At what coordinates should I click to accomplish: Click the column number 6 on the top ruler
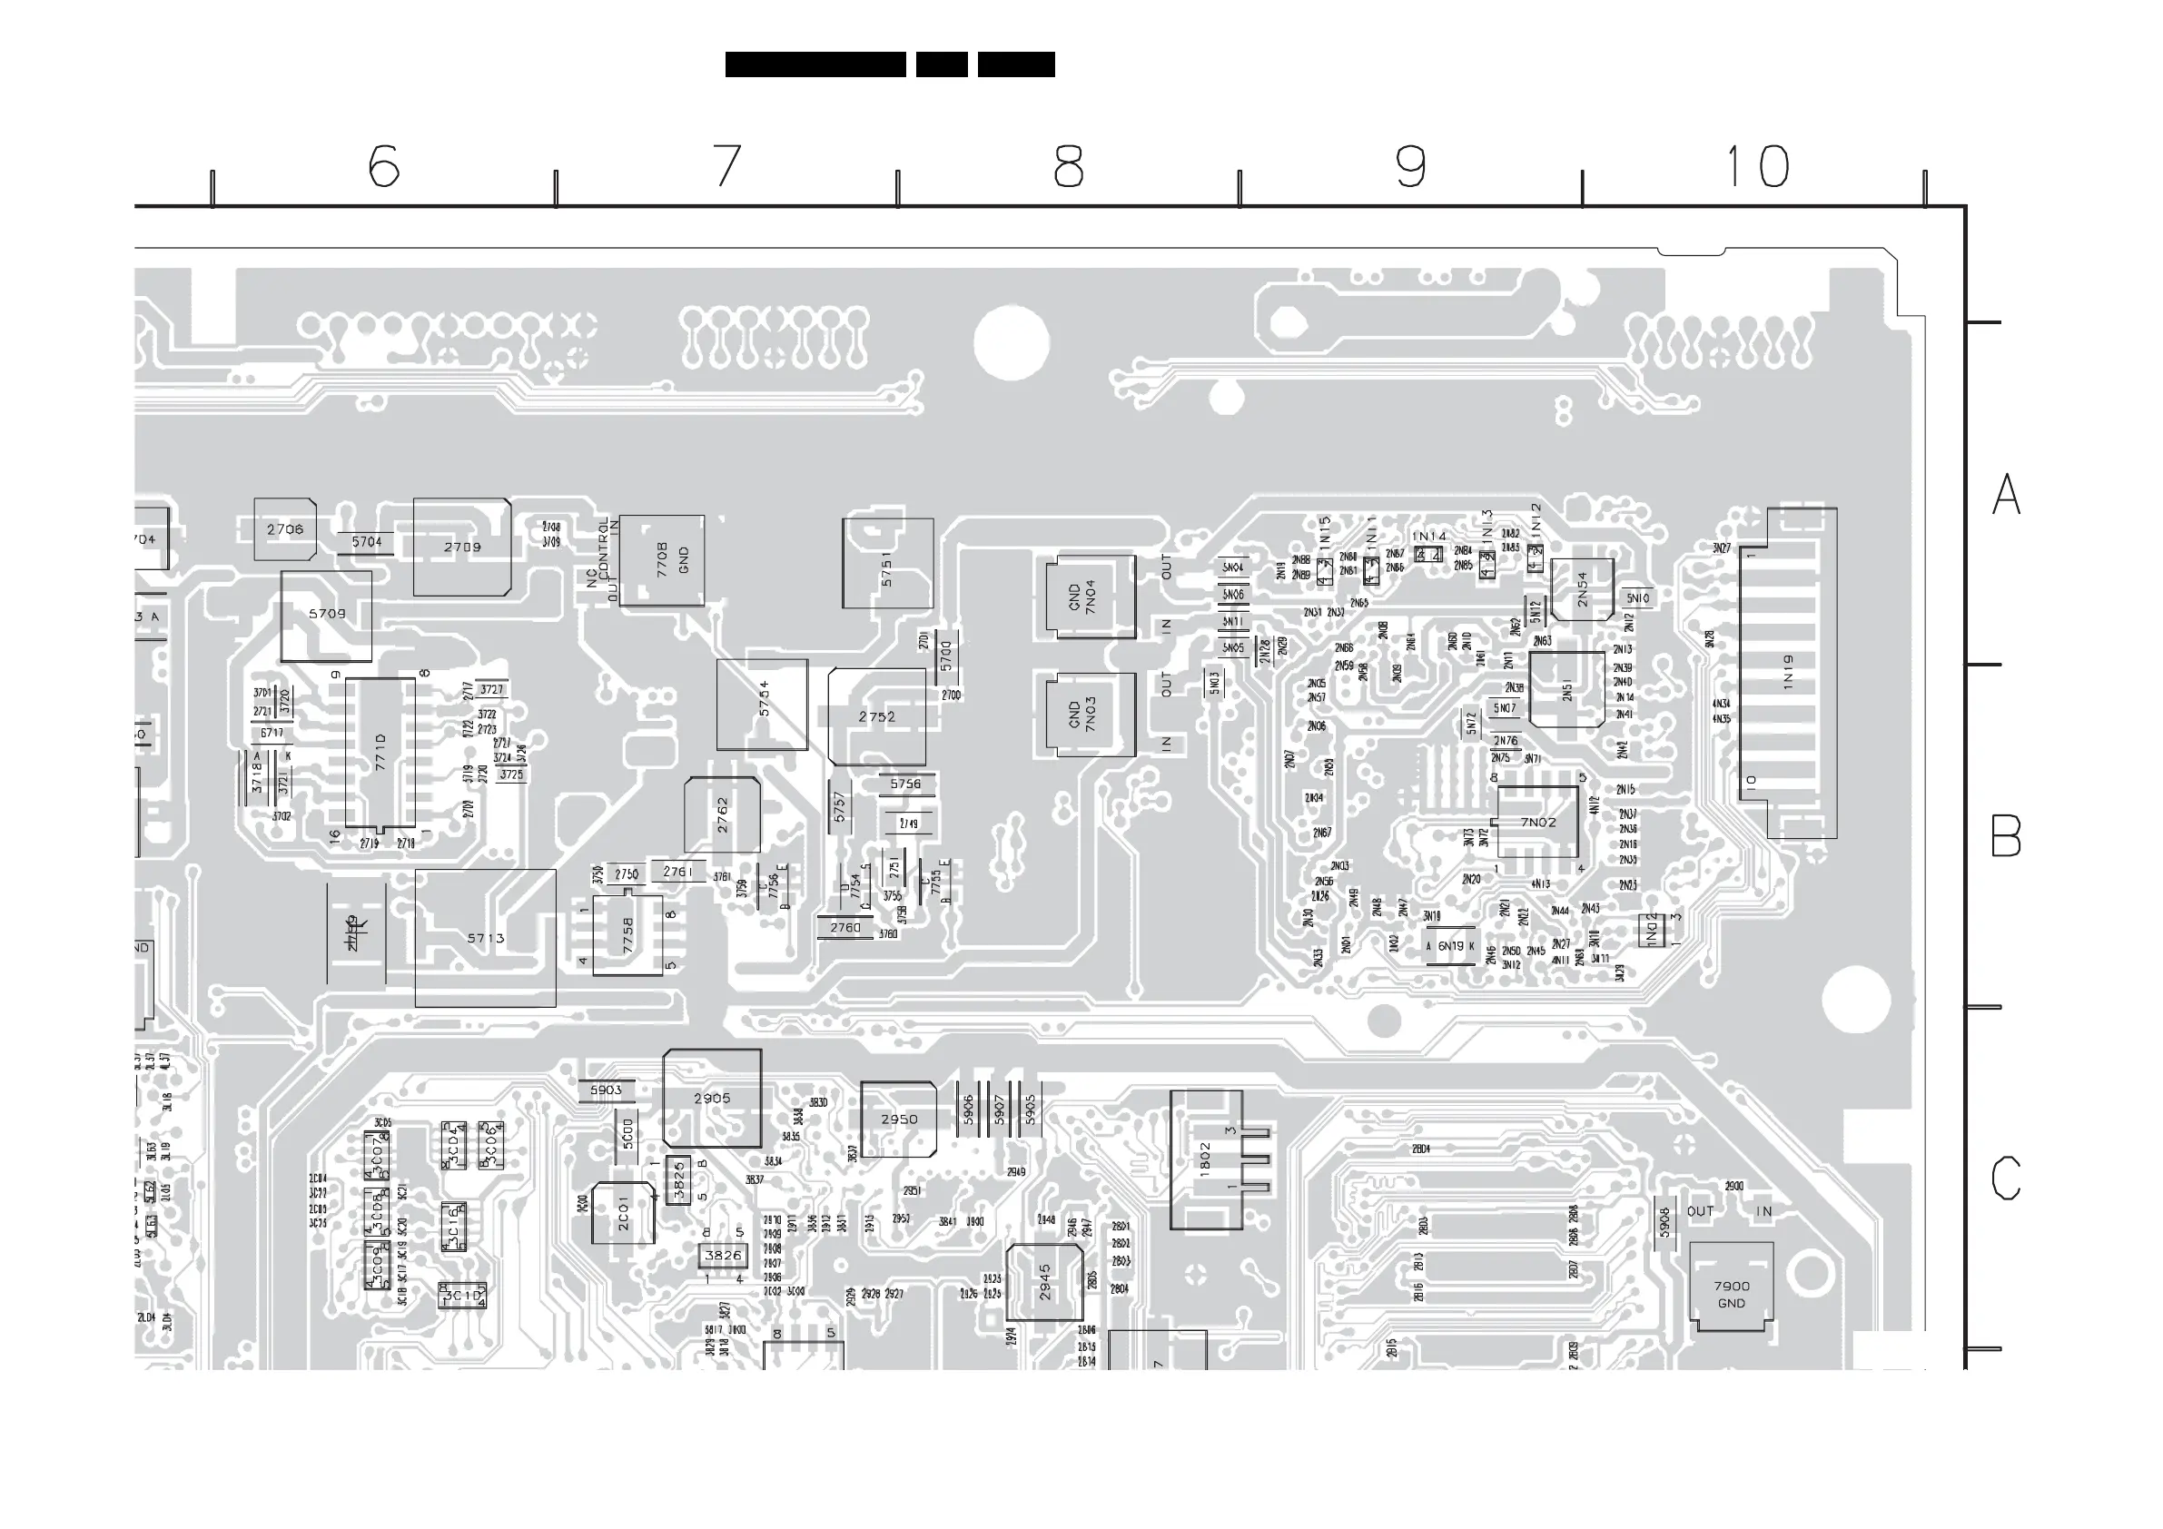coord(383,166)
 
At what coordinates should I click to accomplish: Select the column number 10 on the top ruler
coord(1757,166)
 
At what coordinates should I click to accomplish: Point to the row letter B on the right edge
coord(2006,835)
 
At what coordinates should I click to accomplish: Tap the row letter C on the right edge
coord(2006,1178)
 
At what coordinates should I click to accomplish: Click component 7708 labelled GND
coord(662,559)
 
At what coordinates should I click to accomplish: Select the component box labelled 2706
coord(284,529)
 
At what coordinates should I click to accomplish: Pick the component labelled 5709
coord(326,615)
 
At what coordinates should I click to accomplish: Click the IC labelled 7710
coord(380,752)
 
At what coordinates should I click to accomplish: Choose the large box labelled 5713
coord(485,938)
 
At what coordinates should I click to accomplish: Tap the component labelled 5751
coord(887,563)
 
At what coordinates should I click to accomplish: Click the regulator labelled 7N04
coord(1090,597)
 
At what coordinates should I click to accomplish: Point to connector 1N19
coord(1787,673)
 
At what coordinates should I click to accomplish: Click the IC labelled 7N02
coord(1537,822)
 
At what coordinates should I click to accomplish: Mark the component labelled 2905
coord(712,1099)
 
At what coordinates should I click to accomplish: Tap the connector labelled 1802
coord(1206,1159)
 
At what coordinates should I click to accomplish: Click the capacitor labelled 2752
coord(877,717)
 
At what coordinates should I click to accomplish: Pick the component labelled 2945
coord(1045,1282)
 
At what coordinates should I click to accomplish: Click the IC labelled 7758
coord(627,934)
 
